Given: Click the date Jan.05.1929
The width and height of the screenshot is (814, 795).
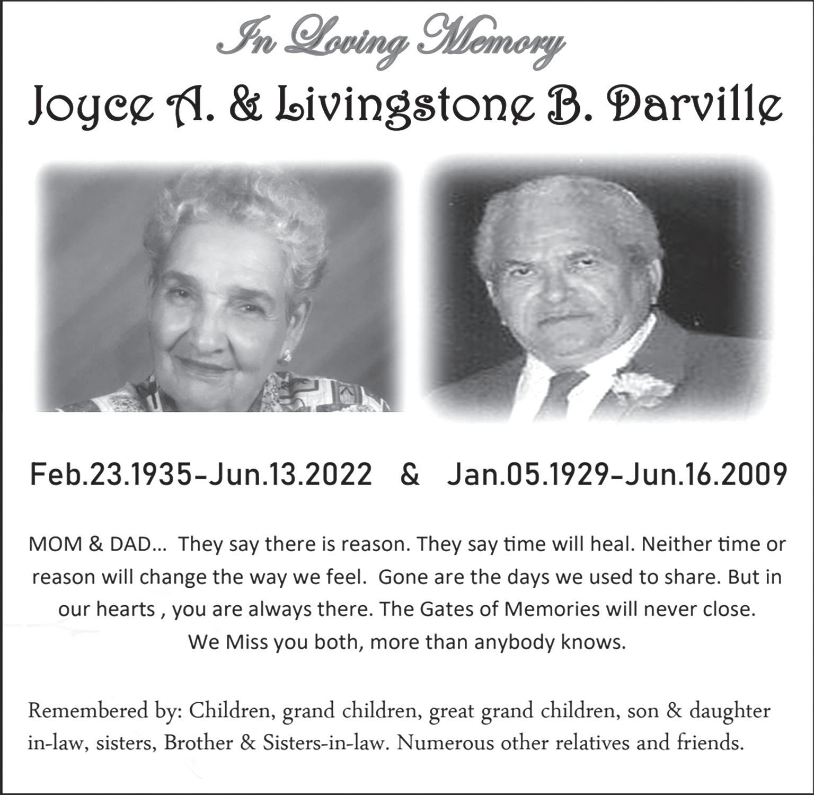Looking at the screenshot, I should [526, 475].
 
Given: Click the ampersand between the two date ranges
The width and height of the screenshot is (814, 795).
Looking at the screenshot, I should [410, 475].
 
